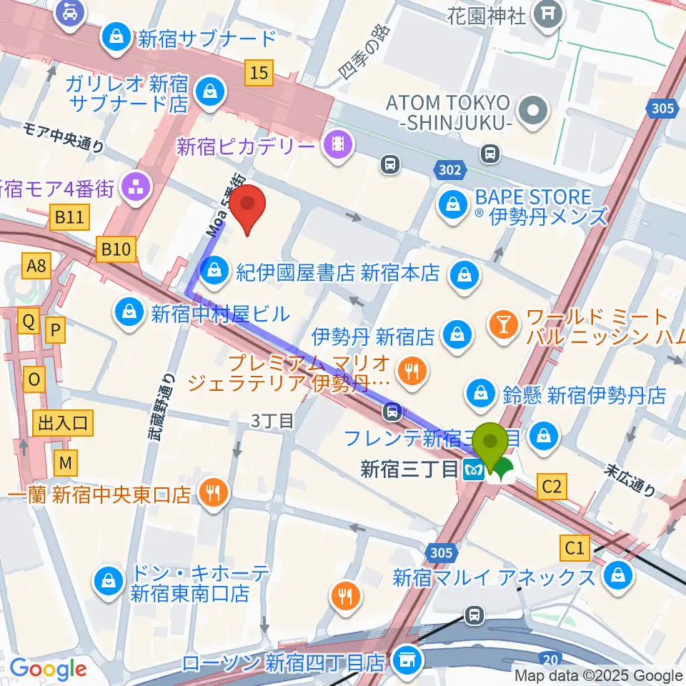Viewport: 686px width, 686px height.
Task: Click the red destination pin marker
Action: pos(247,206)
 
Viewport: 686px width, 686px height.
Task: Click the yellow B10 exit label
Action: pos(116,249)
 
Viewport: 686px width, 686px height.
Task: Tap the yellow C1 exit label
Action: pos(575,548)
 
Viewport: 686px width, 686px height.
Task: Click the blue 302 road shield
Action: pos(450,171)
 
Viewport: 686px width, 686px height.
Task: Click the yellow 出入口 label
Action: pos(63,424)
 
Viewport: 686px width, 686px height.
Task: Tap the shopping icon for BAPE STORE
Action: pos(453,206)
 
